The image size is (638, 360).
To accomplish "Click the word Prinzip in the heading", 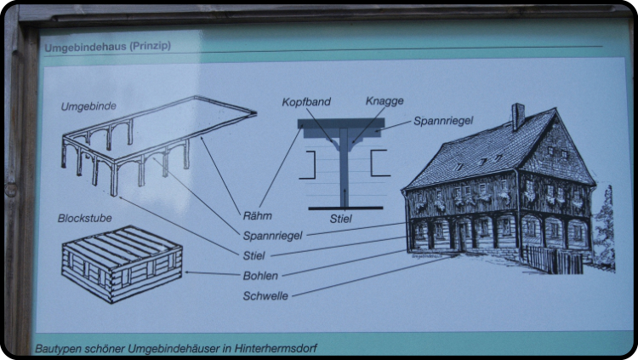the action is pos(151,46).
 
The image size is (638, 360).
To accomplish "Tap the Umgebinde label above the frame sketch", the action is pos(88,106).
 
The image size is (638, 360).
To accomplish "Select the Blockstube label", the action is pos(84,218).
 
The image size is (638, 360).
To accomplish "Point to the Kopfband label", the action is pos(306,102).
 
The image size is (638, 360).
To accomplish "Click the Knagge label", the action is pos(385,101).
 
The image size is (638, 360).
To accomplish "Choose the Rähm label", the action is pos(257,216).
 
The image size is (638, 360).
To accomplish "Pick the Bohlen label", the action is pos(260,276).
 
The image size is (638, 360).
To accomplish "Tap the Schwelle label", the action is pos(265,296).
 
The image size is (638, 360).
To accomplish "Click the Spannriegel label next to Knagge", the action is pos(443,121).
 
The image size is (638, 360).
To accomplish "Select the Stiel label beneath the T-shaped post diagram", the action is pos(340,219).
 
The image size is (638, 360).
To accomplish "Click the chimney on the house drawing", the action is pos(517,117).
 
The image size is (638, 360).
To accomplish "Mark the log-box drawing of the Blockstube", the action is pos(122,265).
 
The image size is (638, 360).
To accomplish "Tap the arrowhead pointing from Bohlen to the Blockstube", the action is pos(187,272).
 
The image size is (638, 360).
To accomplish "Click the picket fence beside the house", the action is pos(552,260).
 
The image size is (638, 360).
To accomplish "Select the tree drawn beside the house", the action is pos(604,229).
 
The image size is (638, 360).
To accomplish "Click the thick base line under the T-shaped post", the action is pos(345,209).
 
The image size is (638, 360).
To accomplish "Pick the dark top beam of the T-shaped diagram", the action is pos(341,123).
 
